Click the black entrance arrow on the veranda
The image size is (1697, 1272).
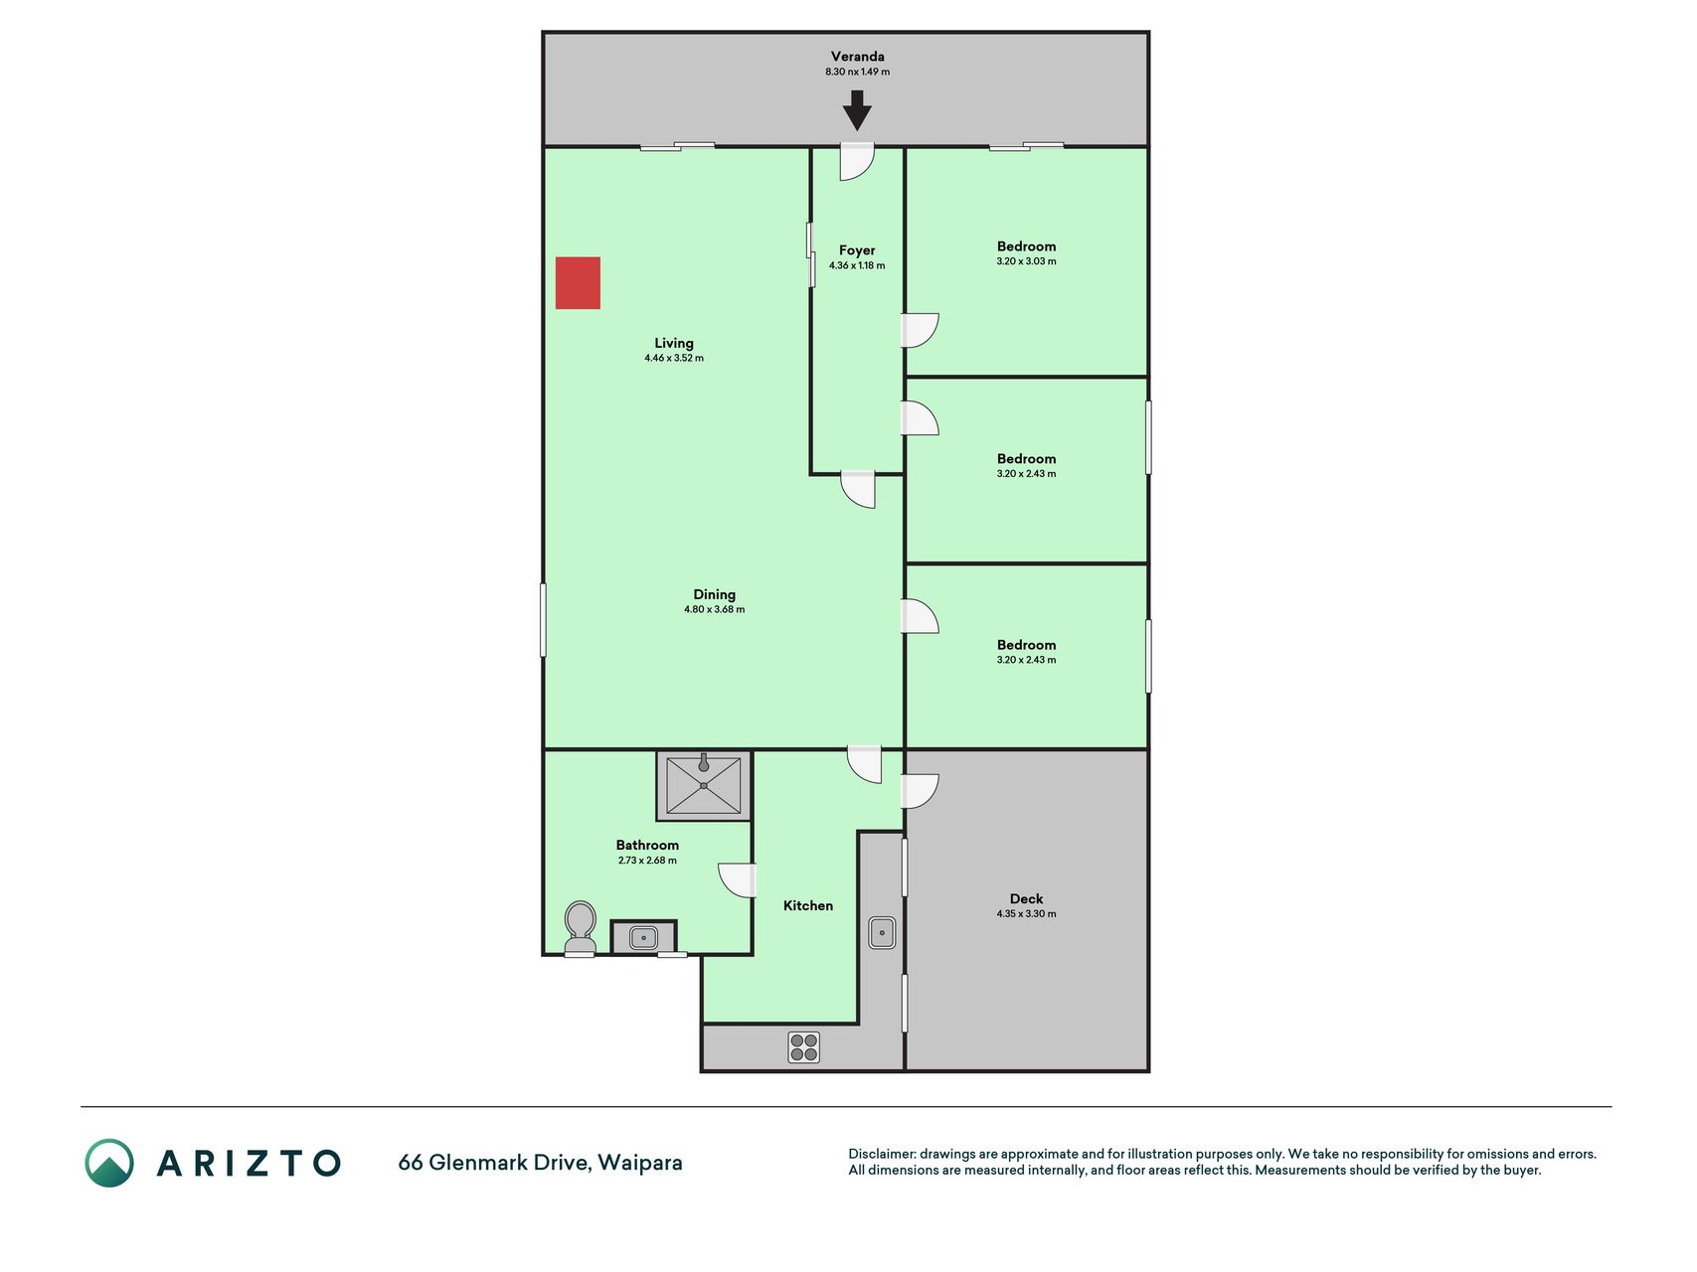[857, 110]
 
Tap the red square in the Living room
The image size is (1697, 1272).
[578, 283]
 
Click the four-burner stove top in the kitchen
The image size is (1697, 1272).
[803, 1047]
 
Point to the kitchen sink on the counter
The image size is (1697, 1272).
[882, 932]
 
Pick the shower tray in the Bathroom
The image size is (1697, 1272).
[704, 785]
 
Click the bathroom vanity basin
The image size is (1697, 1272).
[643, 937]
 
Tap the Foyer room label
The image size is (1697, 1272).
[857, 250]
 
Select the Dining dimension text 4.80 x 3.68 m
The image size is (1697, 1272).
[714, 609]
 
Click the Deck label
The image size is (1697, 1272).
[1026, 898]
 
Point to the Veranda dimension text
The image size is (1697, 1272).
[857, 72]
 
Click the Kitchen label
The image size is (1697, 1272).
[808, 905]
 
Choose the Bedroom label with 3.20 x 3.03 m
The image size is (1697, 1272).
[1026, 246]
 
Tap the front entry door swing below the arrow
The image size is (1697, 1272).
[856, 162]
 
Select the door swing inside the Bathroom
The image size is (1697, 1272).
[737, 880]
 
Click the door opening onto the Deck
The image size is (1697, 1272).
[920, 791]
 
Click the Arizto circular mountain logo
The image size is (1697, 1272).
[109, 1163]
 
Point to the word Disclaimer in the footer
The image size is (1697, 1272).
[881, 1154]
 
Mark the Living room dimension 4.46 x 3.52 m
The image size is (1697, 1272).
[673, 358]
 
